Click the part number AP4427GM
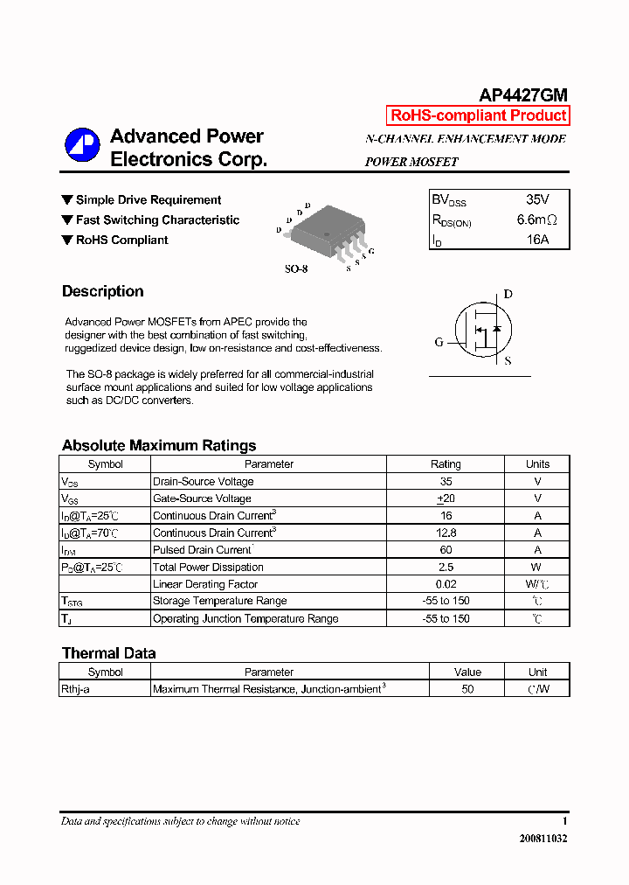tap(523, 95)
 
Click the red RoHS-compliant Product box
tap(478, 115)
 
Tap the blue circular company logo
tap(82, 145)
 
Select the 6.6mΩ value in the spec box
tap(536, 220)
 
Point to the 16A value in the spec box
tap(538, 239)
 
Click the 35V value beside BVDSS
tap(537, 200)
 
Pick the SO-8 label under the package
tap(296, 269)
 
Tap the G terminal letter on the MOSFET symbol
tap(439, 342)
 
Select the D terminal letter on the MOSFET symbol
tap(508, 295)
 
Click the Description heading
tap(103, 291)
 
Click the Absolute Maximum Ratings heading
tap(159, 445)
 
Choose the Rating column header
tap(446, 464)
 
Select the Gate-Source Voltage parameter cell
tap(202, 498)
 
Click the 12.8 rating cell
tap(446, 533)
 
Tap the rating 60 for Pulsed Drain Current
tap(446, 550)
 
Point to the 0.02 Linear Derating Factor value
tap(446, 584)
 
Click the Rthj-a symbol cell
tap(76, 689)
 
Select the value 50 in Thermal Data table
tap(467, 689)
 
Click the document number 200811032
tap(543, 838)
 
